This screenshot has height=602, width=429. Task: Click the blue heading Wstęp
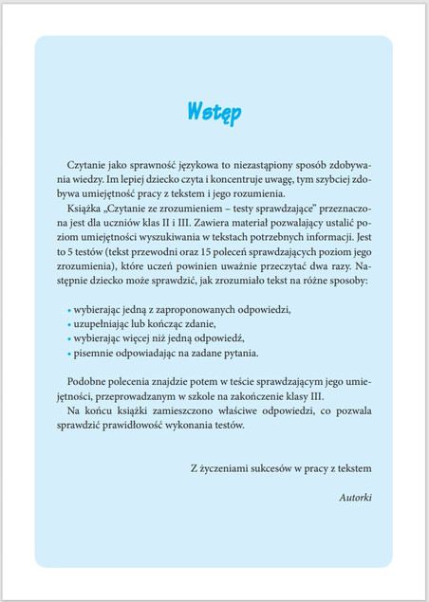coord(214,111)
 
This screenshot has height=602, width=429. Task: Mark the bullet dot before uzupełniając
coord(69,324)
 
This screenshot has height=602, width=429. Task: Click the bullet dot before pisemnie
coord(69,353)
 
